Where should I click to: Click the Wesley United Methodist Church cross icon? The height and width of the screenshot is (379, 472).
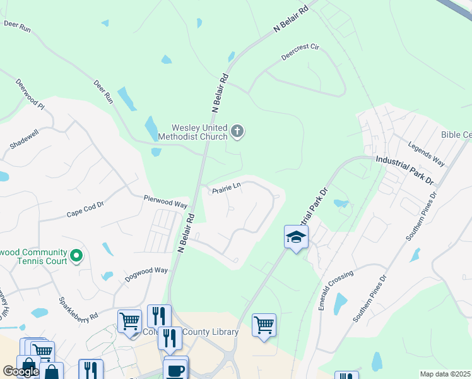pos(237,131)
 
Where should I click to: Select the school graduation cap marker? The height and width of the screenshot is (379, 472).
pos(295,238)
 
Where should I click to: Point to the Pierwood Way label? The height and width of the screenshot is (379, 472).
pos(166,202)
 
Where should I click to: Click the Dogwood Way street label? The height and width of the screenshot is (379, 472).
pos(146,271)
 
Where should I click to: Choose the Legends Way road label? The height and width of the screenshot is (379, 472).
pos(426,154)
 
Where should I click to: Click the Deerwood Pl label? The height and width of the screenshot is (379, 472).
pos(30,93)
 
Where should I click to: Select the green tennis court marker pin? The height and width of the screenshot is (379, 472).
pos(76,256)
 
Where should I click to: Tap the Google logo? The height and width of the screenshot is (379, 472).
pos(21,371)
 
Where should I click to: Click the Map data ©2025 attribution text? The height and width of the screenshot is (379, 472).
pos(445,374)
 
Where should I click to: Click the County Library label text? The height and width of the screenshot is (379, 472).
pos(210,332)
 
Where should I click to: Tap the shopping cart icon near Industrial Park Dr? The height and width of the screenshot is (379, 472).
pos(264,325)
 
